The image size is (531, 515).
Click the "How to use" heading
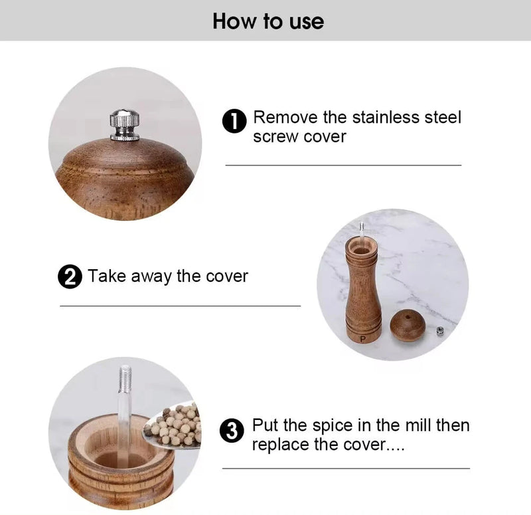tap(268, 21)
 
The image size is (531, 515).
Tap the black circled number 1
tap(234, 121)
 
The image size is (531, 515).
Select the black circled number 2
tap(70, 276)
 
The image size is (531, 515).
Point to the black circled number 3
tap(232, 431)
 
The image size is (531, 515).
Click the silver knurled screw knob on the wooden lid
tap(125, 125)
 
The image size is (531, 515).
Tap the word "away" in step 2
tap(151, 277)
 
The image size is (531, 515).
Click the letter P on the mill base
tap(363, 339)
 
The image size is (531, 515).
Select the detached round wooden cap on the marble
tap(408, 325)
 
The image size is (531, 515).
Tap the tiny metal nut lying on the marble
tap(440, 330)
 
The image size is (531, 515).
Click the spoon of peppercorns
tap(173, 425)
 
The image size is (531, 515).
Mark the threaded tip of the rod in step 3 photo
tap(125, 378)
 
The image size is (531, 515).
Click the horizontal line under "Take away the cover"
tap(180, 306)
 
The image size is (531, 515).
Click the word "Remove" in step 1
tap(285, 118)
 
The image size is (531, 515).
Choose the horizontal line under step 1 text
tap(343, 165)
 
